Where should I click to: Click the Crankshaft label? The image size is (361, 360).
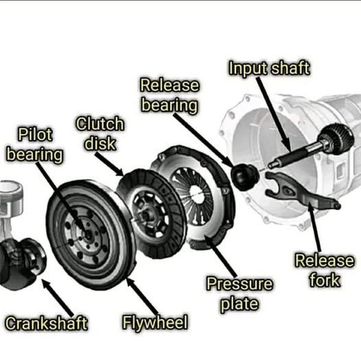[46, 323]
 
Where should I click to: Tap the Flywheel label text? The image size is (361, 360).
[155, 322]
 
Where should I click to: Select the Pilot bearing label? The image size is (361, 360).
[35, 144]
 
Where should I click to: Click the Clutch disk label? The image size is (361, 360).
[100, 134]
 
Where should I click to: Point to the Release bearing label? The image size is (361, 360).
[170, 95]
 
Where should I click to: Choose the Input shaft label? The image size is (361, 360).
[269, 68]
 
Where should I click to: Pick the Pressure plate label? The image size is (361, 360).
[240, 294]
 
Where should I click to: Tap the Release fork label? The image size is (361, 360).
[325, 270]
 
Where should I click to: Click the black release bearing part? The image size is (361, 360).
[245, 177]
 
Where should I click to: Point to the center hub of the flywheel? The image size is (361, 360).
[88, 235]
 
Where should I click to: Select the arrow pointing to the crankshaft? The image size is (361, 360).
[58, 297]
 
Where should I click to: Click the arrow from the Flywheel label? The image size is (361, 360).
[141, 297]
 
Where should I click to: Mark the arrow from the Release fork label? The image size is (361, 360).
[314, 227]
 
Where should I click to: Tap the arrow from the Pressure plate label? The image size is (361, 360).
[220, 256]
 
